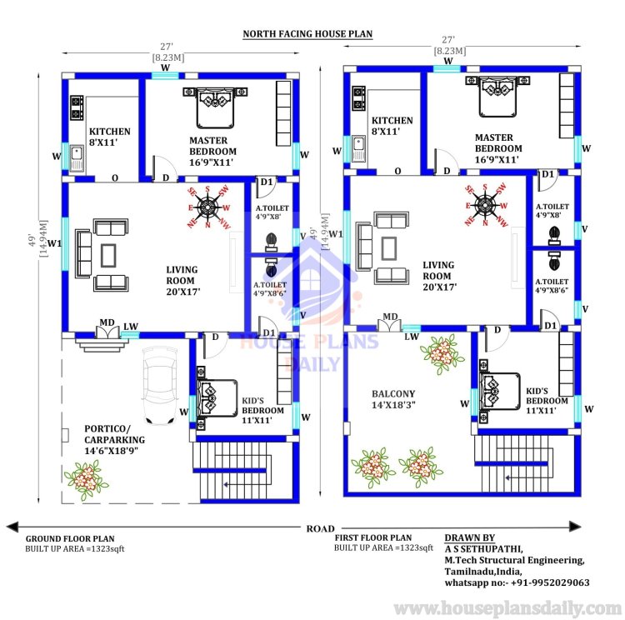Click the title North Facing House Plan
pos(307,34)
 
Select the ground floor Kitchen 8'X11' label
pos(110,137)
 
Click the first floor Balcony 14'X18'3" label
pos(394,399)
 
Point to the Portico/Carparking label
pos(114,439)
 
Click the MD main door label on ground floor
pos(107,322)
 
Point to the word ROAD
pos(319,528)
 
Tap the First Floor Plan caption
pos(372,538)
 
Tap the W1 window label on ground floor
pos(53,244)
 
